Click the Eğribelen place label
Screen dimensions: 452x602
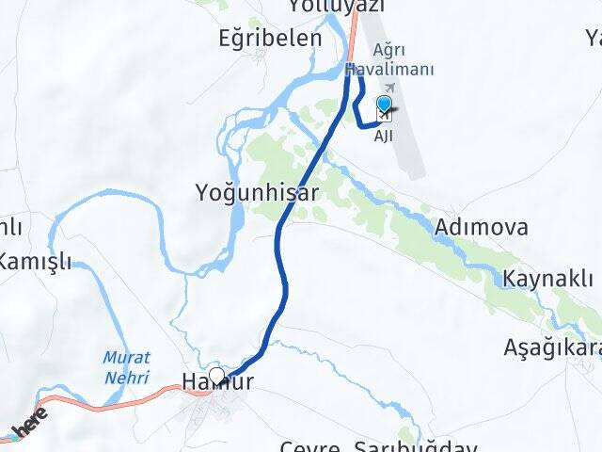(270, 39)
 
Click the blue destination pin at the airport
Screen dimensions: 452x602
(385, 104)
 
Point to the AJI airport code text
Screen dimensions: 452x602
(384, 137)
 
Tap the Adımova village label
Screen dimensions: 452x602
(481, 227)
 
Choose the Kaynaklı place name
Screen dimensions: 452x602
(547, 279)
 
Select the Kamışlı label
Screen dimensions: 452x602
(35, 262)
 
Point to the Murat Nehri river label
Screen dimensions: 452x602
(126, 367)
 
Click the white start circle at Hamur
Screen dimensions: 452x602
(216, 377)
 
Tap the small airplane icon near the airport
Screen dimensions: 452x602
(388, 87)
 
